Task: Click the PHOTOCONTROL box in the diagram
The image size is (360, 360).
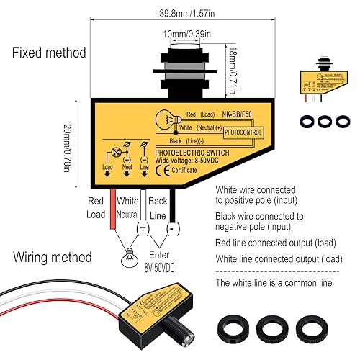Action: (x=244, y=132)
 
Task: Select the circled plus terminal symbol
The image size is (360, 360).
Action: (x=143, y=227)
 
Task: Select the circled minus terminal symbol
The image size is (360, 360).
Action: (x=172, y=227)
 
